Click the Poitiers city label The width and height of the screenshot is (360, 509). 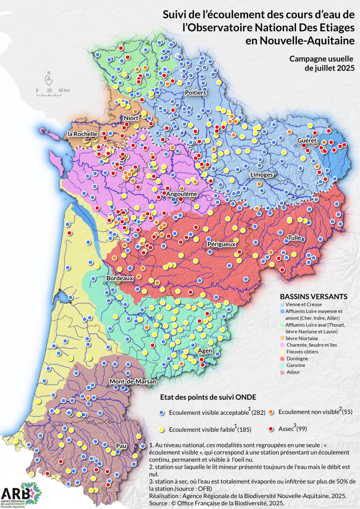coord(195,92)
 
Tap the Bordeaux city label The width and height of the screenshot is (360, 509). coord(119,278)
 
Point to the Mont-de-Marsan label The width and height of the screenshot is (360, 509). coord(126,381)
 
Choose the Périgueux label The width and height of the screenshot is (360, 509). coord(221,244)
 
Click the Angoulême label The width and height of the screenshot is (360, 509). coord(180,194)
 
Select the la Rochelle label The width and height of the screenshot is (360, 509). coord(82,134)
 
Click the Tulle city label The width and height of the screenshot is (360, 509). coord(294,237)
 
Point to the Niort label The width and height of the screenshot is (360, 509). coord(130,117)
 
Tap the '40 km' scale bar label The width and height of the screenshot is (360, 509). coord(64,90)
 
